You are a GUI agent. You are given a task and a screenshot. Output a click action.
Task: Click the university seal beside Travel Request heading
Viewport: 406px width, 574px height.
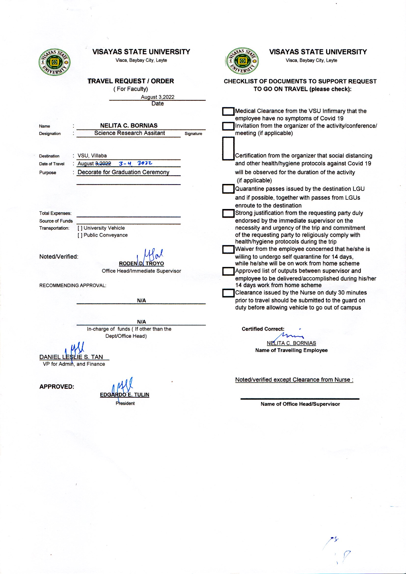click(x=54, y=62)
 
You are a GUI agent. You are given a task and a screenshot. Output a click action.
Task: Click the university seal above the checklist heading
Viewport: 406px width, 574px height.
click(x=242, y=61)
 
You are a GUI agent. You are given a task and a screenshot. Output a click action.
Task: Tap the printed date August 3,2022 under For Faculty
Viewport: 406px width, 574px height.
click(x=158, y=97)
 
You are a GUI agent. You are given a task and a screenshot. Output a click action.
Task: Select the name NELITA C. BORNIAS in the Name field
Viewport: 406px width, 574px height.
click(x=129, y=126)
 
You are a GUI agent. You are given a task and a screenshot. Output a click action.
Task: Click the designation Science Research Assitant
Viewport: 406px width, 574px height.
click(x=130, y=133)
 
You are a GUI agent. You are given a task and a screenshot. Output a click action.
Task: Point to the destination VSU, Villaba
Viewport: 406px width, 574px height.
click(x=92, y=155)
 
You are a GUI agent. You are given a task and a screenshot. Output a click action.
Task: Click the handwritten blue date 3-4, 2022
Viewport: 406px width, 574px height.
click(x=135, y=163)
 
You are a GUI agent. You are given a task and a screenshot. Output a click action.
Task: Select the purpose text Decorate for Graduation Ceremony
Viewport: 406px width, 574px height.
click(x=123, y=172)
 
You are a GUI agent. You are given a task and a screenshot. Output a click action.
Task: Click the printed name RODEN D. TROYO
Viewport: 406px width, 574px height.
click(x=141, y=264)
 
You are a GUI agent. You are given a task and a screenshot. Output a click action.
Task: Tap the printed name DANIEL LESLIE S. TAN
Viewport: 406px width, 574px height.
click(x=71, y=357)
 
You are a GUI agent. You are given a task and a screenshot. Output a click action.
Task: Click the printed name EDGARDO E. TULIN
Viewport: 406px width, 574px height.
click(x=124, y=395)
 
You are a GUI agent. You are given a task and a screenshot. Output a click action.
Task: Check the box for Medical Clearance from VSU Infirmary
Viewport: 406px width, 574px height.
click(x=228, y=111)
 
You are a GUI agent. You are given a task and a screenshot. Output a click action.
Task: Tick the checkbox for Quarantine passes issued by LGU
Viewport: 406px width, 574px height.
click(x=228, y=189)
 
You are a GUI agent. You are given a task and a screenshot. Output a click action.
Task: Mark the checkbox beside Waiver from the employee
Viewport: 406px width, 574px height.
click(x=228, y=249)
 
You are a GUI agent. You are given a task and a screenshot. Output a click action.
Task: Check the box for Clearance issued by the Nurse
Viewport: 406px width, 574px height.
click(x=228, y=293)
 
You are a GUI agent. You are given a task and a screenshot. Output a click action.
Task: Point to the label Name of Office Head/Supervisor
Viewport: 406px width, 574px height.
click(x=300, y=404)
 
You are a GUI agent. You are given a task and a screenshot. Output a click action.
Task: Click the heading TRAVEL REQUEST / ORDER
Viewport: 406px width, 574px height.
click(x=131, y=81)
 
